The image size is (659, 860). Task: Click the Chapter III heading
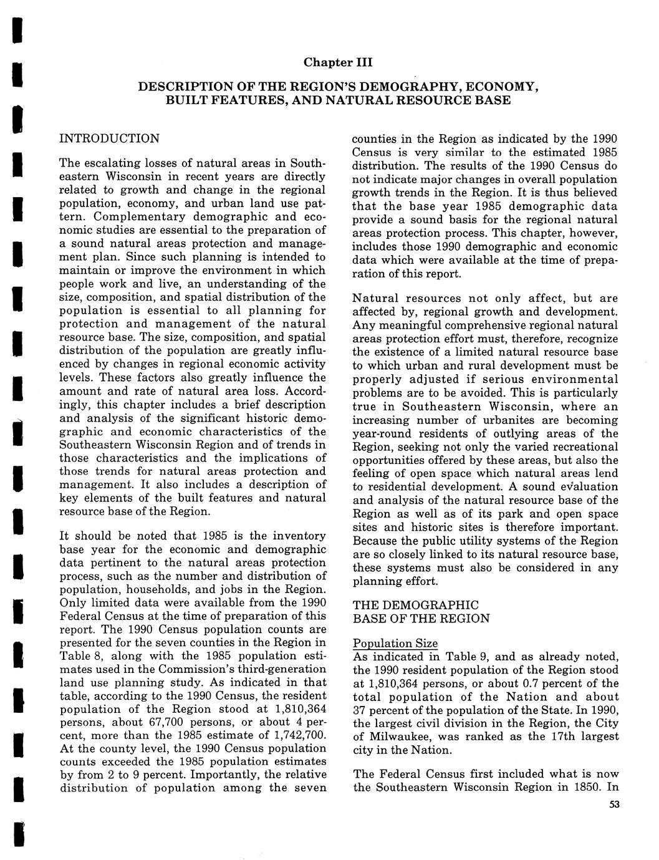(x=337, y=63)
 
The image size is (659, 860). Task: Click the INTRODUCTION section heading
(x=109, y=138)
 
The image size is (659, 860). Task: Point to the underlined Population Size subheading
(x=395, y=644)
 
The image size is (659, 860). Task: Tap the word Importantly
(x=222, y=775)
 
